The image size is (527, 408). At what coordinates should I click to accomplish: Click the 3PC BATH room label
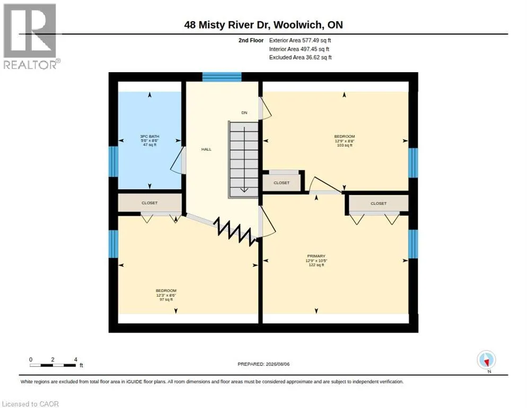[x=150, y=137]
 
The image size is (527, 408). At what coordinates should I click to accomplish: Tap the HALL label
[x=206, y=149]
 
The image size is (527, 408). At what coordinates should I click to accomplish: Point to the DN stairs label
[x=244, y=113]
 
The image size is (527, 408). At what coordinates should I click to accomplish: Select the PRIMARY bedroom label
[x=317, y=256]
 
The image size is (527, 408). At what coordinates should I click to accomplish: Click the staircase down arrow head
[x=244, y=190]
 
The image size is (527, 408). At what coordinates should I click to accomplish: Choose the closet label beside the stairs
[x=282, y=183]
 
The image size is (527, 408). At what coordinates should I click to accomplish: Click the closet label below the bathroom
[x=150, y=203]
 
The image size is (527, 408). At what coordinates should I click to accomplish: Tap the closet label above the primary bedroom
[x=379, y=203]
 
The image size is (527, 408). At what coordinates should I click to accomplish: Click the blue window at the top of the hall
[x=222, y=77]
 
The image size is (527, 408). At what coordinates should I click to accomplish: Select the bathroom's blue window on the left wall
[x=113, y=161]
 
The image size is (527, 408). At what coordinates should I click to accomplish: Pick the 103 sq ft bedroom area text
[x=345, y=145]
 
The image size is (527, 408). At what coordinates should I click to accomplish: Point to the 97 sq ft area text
[x=166, y=300]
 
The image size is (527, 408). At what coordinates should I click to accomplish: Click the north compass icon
[x=486, y=360]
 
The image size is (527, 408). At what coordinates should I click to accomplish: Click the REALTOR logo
[x=30, y=36]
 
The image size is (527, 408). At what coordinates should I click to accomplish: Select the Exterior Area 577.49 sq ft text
[x=300, y=40]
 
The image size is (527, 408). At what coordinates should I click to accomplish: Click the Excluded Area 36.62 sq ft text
[x=300, y=57]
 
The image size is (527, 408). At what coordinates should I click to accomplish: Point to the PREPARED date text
[x=263, y=364]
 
